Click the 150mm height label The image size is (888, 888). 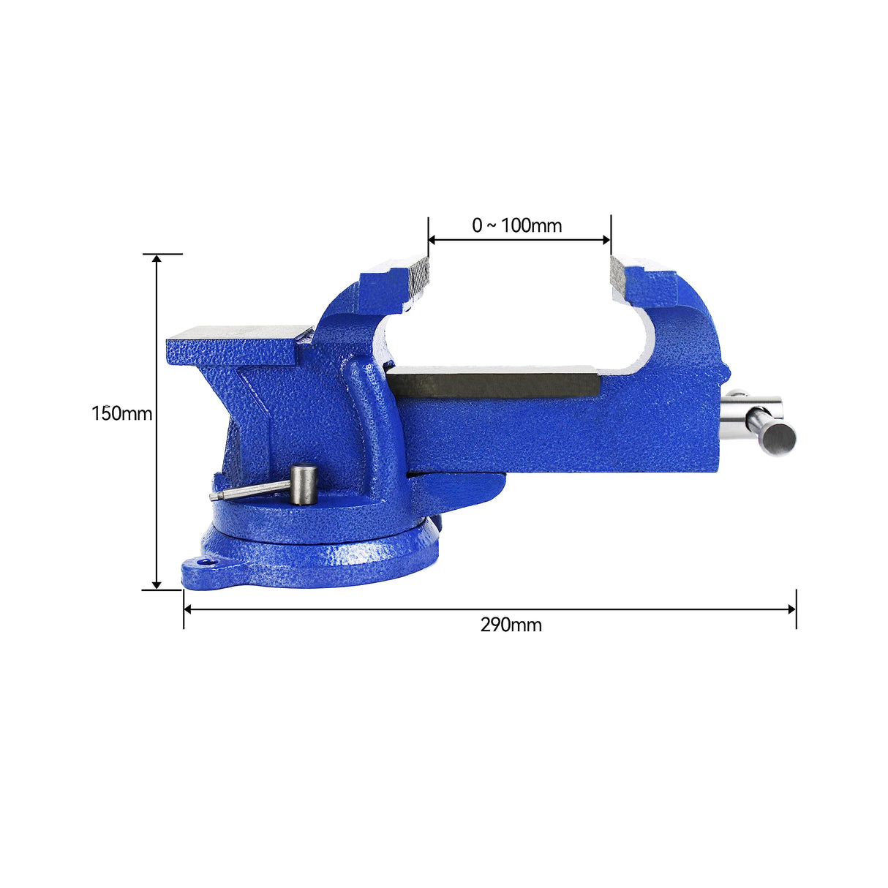[x=121, y=414]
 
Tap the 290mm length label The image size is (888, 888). [x=511, y=625]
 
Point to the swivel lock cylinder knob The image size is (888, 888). [x=304, y=484]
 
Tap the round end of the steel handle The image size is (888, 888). [x=778, y=439]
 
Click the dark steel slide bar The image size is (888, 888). [x=494, y=382]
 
